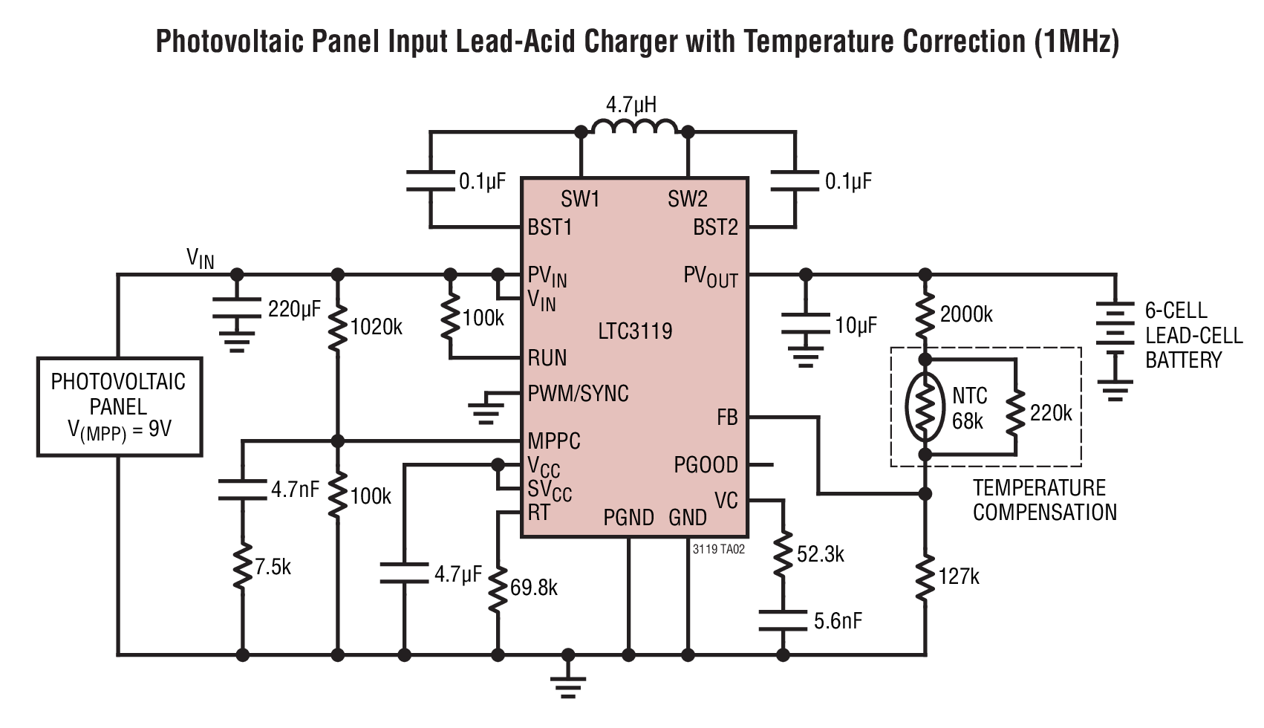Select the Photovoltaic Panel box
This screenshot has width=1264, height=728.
tap(120, 406)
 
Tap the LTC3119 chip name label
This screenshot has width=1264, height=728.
tap(635, 331)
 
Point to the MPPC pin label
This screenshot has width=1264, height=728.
tap(553, 441)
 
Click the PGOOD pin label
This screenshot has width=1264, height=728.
tap(706, 465)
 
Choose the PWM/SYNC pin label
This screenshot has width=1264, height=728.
tap(578, 394)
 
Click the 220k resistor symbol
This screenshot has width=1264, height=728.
tap(1015, 413)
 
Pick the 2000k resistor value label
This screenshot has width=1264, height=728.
tap(966, 314)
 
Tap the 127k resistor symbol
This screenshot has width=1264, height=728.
tap(925, 577)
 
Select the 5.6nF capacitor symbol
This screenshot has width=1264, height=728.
tap(783, 620)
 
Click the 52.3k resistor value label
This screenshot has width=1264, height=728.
tap(820, 554)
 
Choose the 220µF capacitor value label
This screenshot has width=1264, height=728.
tap(294, 309)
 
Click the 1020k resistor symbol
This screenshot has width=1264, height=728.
tap(337, 328)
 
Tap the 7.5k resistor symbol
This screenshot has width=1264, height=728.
tap(243, 567)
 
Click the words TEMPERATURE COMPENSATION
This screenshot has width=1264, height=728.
tap(1044, 501)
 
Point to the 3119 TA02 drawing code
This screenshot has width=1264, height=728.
tap(718, 549)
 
